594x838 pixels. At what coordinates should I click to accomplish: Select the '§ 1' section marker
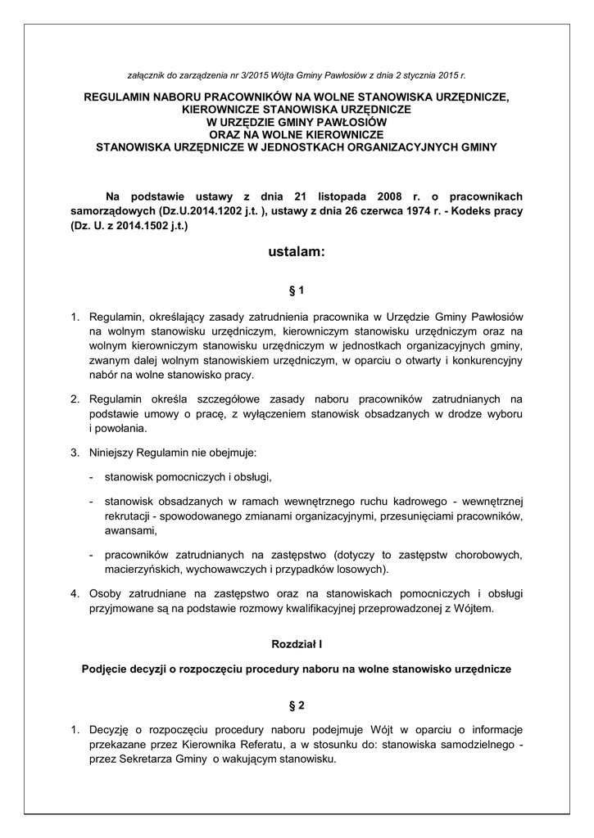(297, 290)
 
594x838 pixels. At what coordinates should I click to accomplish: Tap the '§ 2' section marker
(297, 705)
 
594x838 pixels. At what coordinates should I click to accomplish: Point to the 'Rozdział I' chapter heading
(297, 645)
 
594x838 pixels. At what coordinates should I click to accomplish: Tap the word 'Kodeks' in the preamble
(479, 211)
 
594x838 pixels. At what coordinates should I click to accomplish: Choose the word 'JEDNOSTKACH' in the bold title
(318, 148)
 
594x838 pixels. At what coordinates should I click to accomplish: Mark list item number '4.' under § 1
(74, 592)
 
